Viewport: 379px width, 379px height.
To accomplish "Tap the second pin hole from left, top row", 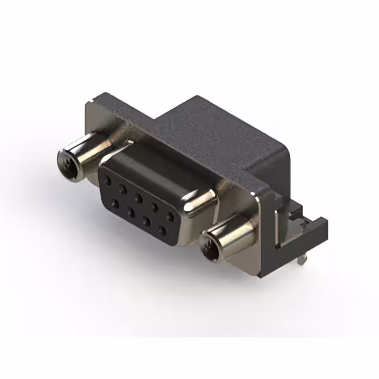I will click(123, 189).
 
